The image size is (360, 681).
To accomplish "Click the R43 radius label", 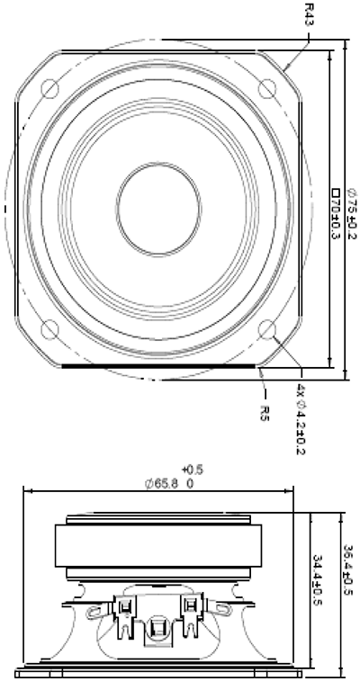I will click(309, 13).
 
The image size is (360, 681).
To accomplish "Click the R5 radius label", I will click(265, 413).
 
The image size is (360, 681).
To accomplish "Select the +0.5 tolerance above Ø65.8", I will click(192, 470).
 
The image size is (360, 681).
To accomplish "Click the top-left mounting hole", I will click(50, 88).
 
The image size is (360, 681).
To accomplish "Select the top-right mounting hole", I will click(267, 88).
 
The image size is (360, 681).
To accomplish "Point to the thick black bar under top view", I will click(158, 366).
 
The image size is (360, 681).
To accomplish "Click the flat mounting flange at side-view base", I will click(158, 671).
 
